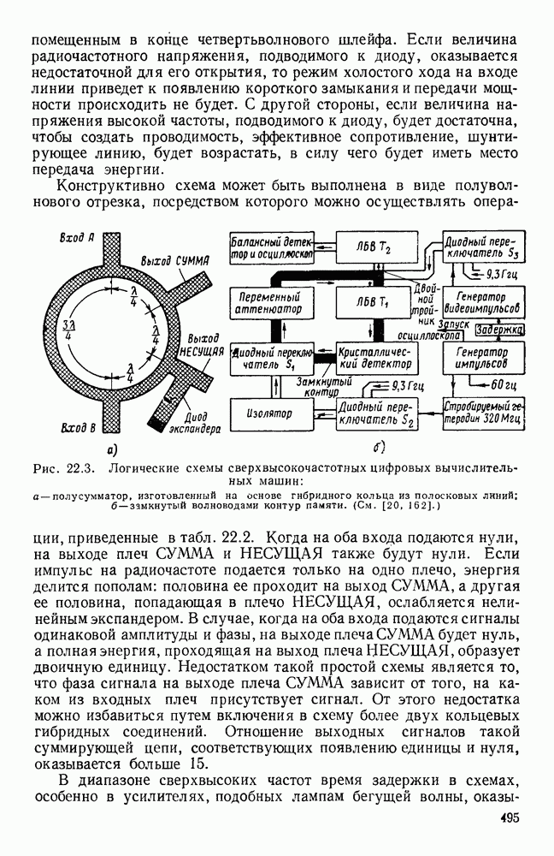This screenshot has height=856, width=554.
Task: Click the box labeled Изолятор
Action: pyautogui.click(x=271, y=413)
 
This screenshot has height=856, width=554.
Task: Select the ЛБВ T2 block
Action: pyautogui.click(x=370, y=246)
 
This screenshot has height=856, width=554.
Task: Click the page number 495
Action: pyautogui.click(x=512, y=818)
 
